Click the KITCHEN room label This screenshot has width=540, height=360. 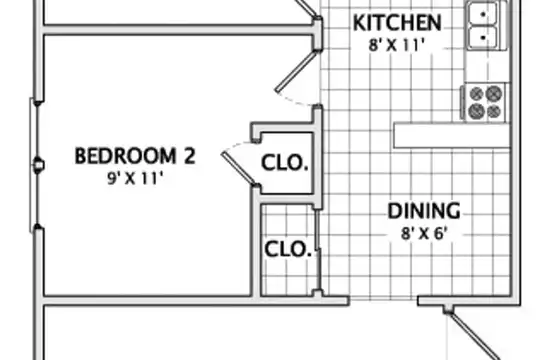coord(397,23)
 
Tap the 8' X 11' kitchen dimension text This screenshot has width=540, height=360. coord(396,45)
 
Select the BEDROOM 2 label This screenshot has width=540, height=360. coord(135,156)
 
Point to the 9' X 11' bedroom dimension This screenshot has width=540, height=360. coord(135,178)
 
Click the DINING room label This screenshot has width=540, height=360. coord(424,211)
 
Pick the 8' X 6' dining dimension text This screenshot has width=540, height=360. coord(424,234)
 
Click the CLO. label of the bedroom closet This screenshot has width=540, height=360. coord(284,163)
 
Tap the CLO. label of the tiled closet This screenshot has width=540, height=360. coord(288,249)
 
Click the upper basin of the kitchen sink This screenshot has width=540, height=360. coord(483,14)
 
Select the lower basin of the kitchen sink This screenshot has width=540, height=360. coord(483,37)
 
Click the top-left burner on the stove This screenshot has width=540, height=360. coord(477,93)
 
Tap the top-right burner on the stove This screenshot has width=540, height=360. coord(494,93)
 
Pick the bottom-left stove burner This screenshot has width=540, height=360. coord(477,111)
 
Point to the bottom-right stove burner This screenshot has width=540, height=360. coord(494,111)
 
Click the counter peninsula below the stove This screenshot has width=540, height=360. coord(452,135)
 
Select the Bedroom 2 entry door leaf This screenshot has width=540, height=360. coord(295,72)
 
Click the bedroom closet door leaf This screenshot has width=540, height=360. coord(239,170)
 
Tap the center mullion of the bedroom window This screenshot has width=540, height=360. coord(38,166)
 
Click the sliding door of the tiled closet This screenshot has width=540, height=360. coord(318,250)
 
